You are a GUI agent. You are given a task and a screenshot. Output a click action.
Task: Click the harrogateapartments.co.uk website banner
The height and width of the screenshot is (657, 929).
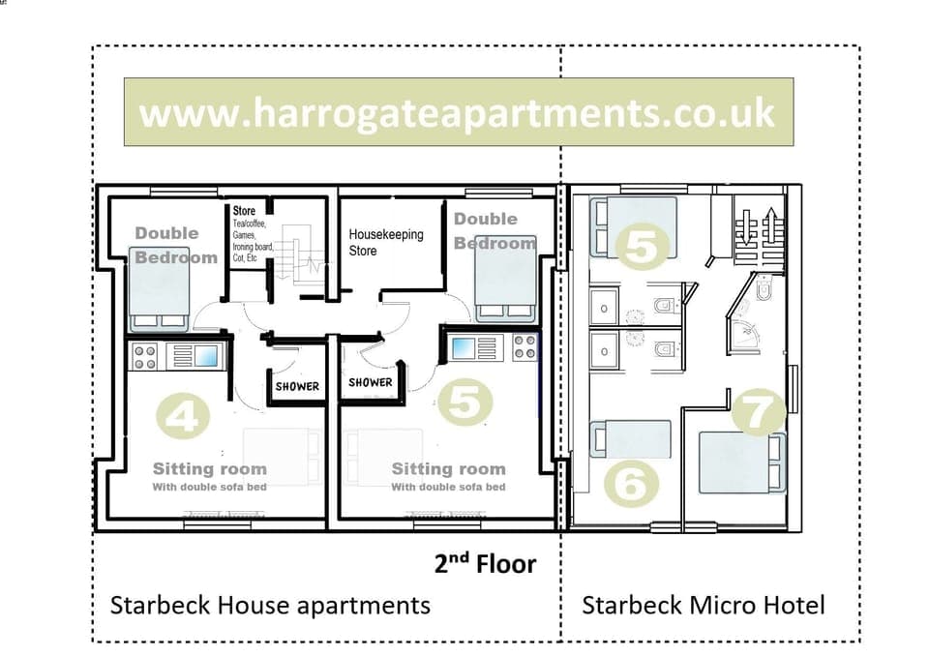pos(458,112)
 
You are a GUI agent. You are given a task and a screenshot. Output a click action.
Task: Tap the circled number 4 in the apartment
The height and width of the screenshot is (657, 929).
pos(183,417)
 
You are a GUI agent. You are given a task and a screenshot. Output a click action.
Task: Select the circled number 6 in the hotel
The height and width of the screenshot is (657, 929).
pos(630,482)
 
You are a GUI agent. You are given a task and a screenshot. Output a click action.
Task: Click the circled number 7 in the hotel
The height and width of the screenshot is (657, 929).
pos(758,413)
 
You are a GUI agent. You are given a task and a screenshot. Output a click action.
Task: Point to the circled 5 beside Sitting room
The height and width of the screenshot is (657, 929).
pos(464,403)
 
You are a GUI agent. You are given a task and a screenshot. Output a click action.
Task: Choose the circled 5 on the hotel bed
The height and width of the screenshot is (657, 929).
pos(644,247)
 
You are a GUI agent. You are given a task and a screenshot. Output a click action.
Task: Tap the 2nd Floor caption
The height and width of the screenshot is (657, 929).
pos(485,563)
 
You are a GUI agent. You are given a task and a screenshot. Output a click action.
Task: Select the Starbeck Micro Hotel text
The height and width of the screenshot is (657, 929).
pos(703,606)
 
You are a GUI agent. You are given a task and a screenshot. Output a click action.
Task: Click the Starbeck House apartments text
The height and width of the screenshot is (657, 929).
pos(270,606)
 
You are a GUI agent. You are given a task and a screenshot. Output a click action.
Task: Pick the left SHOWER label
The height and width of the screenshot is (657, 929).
pos(296,386)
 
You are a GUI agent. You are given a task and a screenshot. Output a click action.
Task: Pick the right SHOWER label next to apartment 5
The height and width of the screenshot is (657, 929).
pos(371,382)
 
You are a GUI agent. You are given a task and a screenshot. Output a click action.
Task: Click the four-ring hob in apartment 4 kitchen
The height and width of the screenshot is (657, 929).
pos(145,356)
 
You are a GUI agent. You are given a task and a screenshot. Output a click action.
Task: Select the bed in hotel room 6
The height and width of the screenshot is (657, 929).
pos(632,439)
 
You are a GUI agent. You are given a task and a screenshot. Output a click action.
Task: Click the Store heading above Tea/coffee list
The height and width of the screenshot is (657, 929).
pos(244,210)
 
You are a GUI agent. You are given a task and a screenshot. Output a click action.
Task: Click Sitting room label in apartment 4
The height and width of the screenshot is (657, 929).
pos(209,469)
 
